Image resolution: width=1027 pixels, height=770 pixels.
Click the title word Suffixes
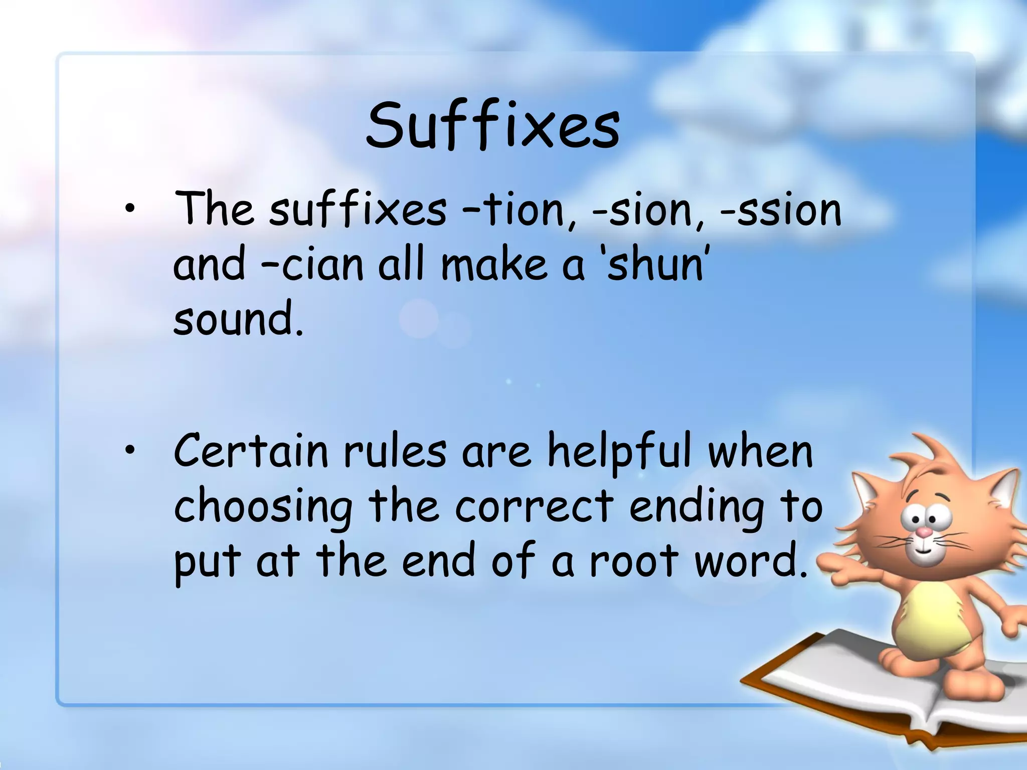tap(492, 125)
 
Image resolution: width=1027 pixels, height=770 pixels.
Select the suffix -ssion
tap(780, 209)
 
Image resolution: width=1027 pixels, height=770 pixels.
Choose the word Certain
tap(251, 451)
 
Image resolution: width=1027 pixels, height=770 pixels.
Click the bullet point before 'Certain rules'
tap(130, 451)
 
